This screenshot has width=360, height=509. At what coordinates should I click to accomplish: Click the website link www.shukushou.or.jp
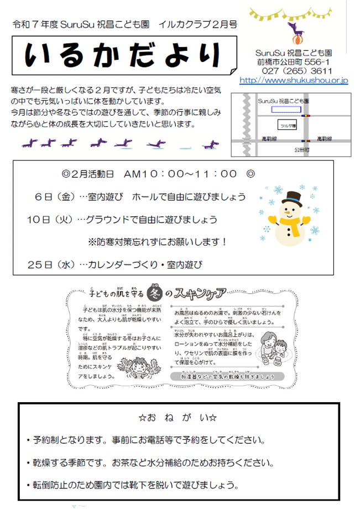click(294, 81)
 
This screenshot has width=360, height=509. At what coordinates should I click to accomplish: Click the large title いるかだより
click(124, 56)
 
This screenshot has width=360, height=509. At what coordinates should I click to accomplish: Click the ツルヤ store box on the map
click(288, 125)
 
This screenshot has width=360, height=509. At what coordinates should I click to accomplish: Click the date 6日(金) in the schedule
click(54, 197)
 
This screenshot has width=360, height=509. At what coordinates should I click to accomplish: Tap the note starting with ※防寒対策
click(158, 242)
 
